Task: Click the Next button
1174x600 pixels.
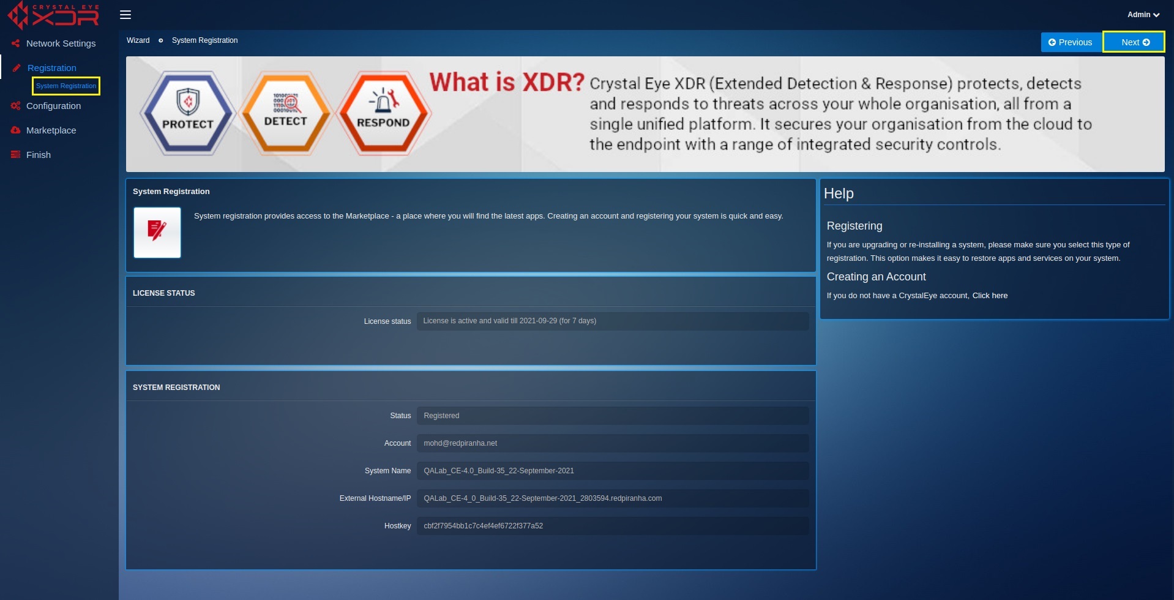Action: pos(1134,42)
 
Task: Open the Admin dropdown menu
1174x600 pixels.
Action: pos(1143,15)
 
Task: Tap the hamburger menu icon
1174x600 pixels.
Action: pos(125,15)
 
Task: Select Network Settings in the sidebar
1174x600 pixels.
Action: pos(61,43)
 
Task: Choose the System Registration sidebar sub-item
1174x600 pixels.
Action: pos(66,86)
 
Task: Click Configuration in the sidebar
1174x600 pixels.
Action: pos(53,106)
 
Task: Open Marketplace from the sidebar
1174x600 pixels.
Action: pos(51,130)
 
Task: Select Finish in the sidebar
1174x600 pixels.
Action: pos(38,155)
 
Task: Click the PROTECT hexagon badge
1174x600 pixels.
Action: pos(187,113)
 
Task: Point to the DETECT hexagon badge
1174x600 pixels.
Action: pos(285,113)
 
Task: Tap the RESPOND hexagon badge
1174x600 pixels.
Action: pos(383,113)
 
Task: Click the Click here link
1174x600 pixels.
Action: pos(990,296)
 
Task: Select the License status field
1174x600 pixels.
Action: pos(613,321)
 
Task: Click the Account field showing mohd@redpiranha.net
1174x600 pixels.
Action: pos(613,443)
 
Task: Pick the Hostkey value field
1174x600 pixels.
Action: pos(613,526)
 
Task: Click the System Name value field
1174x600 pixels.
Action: pos(613,471)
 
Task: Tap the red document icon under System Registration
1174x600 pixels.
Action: pos(157,233)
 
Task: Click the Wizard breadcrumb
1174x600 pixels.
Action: pos(138,40)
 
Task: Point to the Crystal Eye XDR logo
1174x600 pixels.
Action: pos(53,15)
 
